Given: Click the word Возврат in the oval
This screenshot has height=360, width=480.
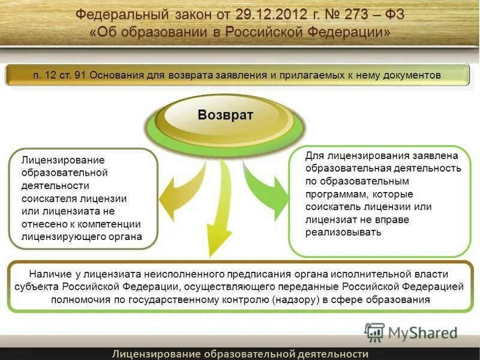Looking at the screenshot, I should (226, 115).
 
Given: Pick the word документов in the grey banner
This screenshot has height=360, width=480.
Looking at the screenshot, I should (409, 75).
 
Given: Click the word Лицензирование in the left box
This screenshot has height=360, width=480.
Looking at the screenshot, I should (63, 160).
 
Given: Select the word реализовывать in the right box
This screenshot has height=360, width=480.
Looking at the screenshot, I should (343, 232).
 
